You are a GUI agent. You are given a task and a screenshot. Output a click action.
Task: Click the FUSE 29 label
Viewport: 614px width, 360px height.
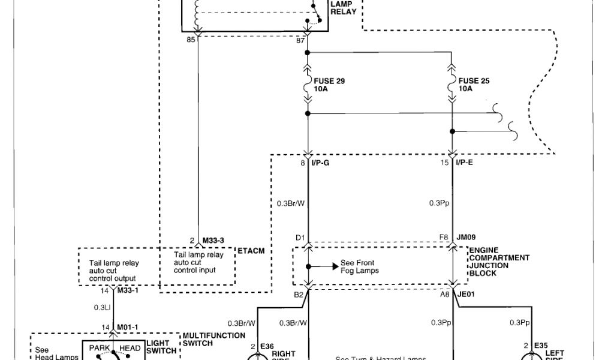329,80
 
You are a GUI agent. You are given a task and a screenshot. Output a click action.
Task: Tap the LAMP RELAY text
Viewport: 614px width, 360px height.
343,8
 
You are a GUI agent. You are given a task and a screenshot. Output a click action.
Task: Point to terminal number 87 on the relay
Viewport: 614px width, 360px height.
300,41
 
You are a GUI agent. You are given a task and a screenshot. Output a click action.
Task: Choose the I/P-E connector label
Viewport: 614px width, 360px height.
465,162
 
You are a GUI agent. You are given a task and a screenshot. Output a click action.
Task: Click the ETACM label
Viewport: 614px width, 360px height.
251,249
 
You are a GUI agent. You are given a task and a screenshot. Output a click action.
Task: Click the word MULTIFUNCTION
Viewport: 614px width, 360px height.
214,335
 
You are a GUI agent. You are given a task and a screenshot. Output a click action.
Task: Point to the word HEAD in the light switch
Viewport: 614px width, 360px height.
130,348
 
